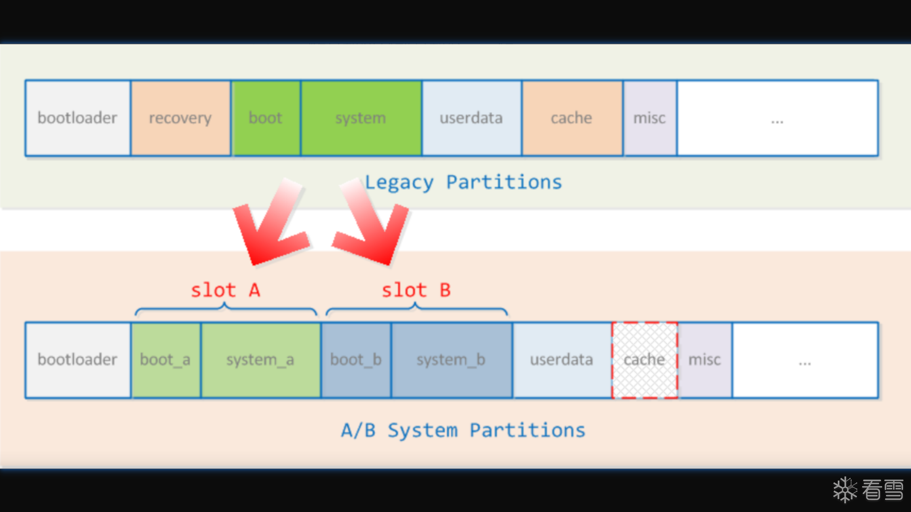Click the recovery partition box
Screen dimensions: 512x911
(180, 118)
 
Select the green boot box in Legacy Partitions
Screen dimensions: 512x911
(266, 118)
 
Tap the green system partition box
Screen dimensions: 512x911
(361, 118)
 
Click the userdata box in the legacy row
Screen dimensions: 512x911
(472, 118)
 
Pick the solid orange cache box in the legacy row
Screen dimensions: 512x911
(572, 118)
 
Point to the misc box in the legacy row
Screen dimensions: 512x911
(650, 118)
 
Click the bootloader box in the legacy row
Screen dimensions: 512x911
(78, 118)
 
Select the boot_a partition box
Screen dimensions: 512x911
(166, 360)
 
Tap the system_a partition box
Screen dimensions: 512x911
(260, 360)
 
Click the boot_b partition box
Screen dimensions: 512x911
(356, 360)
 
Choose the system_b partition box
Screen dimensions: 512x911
(451, 360)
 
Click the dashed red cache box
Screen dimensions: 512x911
(644, 360)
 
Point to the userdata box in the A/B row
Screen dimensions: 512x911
(562, 360)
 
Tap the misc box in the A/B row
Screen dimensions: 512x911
(705, 360)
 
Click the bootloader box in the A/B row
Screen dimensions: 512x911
(78, 360)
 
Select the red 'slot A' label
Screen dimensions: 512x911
(225, 290)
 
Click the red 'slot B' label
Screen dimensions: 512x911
(416, 290)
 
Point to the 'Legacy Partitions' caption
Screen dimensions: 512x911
(463, 183)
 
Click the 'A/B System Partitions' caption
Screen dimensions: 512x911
(463, 430)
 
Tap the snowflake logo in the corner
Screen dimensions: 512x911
(845, 490)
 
